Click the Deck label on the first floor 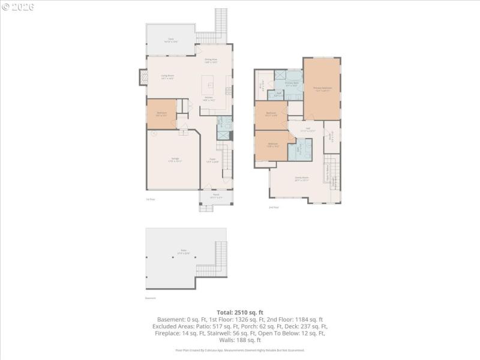[x=171, y=40]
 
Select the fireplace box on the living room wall [x=143, y=77]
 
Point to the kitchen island [x=211, y=84]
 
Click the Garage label [x=174, y=159]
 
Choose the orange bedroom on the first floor [x=161, y=113]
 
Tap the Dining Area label [x=211, y=61]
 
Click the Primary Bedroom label [x=322, y=88]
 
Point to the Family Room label [x=301, y=179]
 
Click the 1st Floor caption [x=150, y=199]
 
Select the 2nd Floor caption [x=274, y=208]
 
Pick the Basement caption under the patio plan [x=150, y=298]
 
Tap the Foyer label [x=212, y=160]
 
